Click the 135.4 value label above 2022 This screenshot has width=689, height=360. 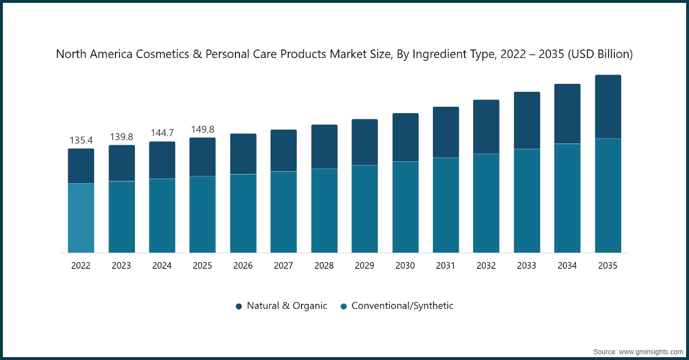click(x=81, y=140)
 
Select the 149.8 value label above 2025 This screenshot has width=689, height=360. click(x=203, y=129)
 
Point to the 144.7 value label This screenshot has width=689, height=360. click(x=162, y=133)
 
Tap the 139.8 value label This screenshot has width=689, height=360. click(x=122, y=137)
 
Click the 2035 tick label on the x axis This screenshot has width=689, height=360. click(x=607, y=266)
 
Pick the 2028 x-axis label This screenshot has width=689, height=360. click(x=324, y=266)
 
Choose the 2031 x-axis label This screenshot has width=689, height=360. click(x=446, y=266)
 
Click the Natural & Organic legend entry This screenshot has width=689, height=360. click(x=287, y=306)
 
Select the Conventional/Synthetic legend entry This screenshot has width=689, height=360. click(x=402, y=306)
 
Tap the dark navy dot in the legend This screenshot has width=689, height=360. click(x=239, y=307)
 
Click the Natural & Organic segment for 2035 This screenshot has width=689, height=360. click(x=607, y=107)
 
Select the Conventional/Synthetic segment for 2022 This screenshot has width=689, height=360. click(x=81, y=218)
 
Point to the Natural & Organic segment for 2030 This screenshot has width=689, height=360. click(x=405, y=137)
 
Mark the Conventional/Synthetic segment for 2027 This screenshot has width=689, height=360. click(x=284, y=212)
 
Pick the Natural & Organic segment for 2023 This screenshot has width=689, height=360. click(x=122, y=163)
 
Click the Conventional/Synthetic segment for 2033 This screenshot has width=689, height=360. click(x=527, y=201)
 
